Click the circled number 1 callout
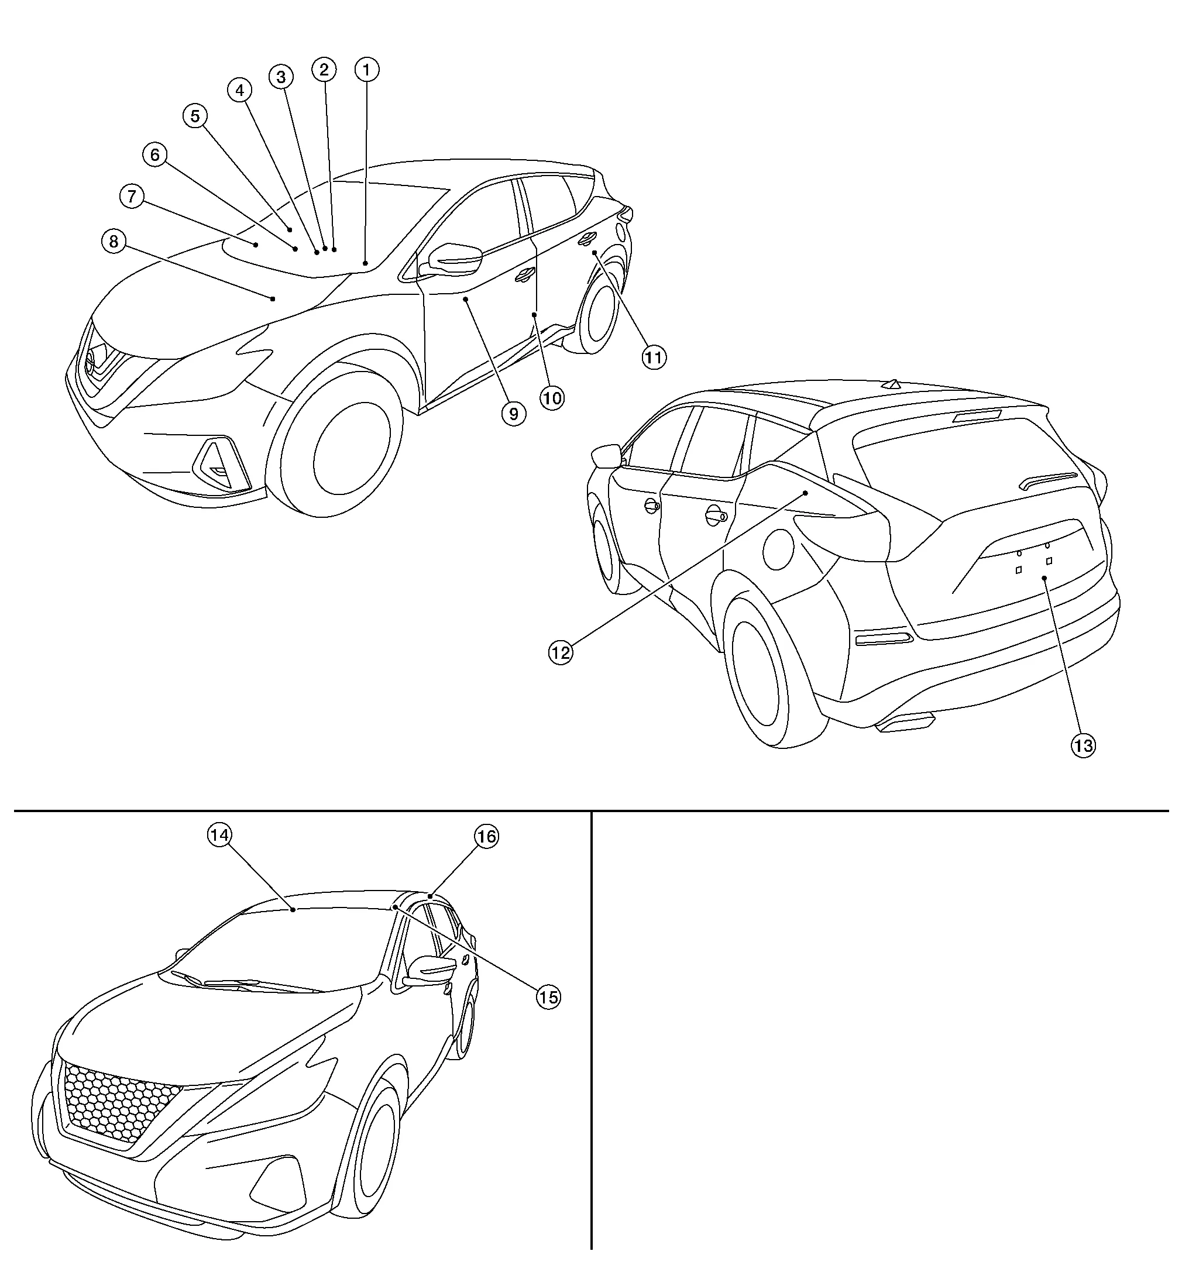367,70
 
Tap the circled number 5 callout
195,116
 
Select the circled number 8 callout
114,241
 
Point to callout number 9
513,414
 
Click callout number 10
552,398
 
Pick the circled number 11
654,357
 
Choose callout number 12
561,652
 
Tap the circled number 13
1083,745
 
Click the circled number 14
219,835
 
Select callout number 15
548,996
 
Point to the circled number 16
486,836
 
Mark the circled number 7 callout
131,196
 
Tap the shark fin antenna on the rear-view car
894,384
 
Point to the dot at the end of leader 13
1044,577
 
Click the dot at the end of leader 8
273,298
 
